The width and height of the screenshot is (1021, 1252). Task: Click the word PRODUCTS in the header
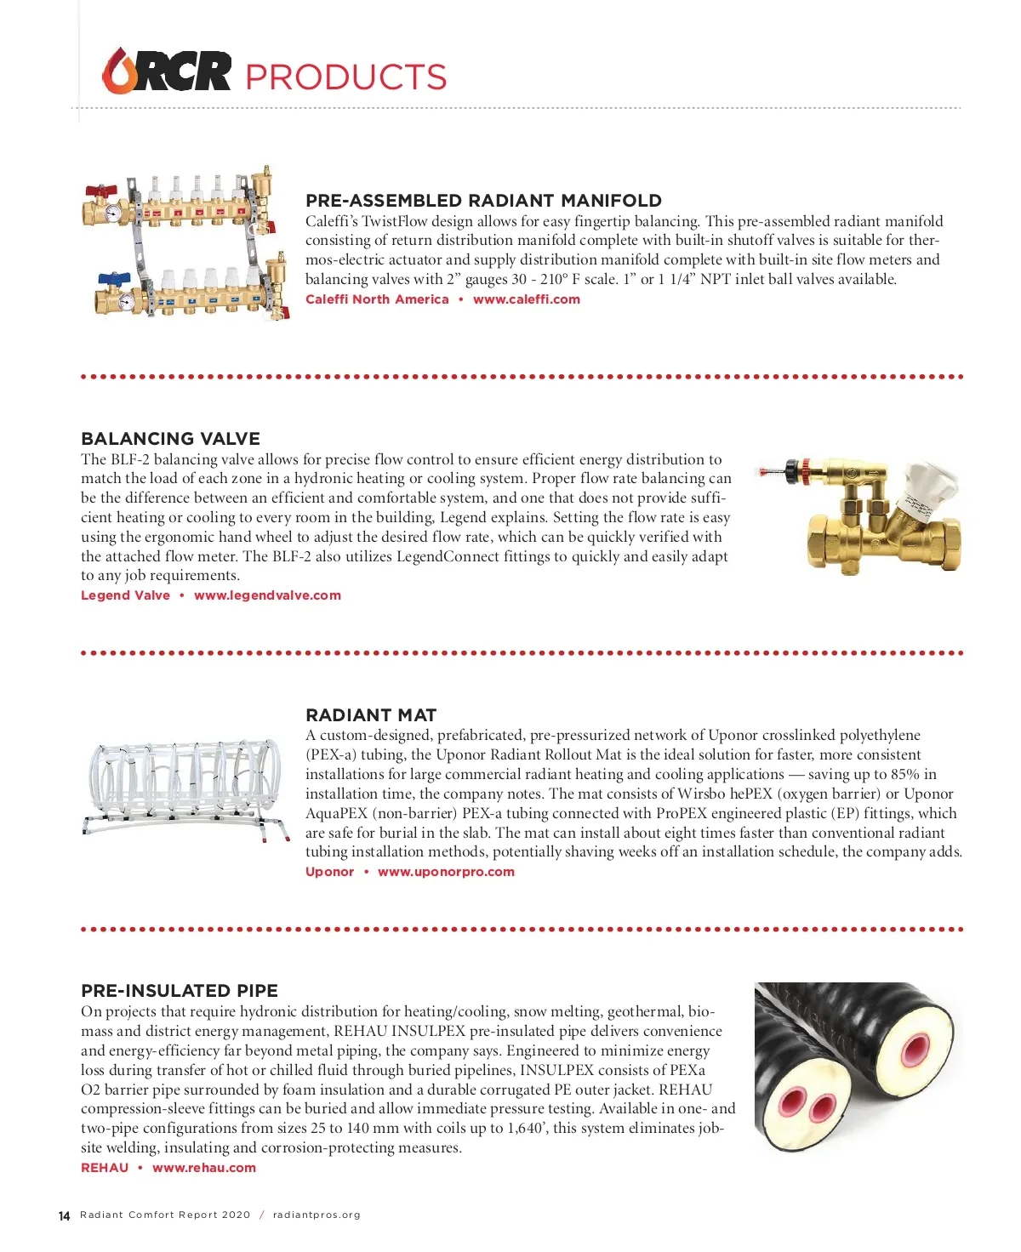(345, 77)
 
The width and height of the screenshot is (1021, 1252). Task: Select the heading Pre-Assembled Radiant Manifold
(483, 201)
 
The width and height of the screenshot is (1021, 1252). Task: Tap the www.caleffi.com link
(527, 299)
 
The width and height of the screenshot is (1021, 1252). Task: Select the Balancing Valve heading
(170, 439)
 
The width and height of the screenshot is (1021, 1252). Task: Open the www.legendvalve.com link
(267, 595)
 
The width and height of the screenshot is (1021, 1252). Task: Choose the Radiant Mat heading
(371, 715)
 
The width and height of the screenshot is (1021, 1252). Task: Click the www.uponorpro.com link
(446, 872)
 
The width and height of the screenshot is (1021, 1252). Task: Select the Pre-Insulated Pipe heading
(180, 991)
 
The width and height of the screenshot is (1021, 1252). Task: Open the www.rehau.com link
(204, 1168)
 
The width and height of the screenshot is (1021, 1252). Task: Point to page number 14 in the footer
(65, 1216)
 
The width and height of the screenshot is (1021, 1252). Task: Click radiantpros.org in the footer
(317, 1215)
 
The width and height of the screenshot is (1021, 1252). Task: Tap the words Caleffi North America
(377, 299)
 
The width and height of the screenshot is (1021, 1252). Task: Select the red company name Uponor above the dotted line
(329, 872)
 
